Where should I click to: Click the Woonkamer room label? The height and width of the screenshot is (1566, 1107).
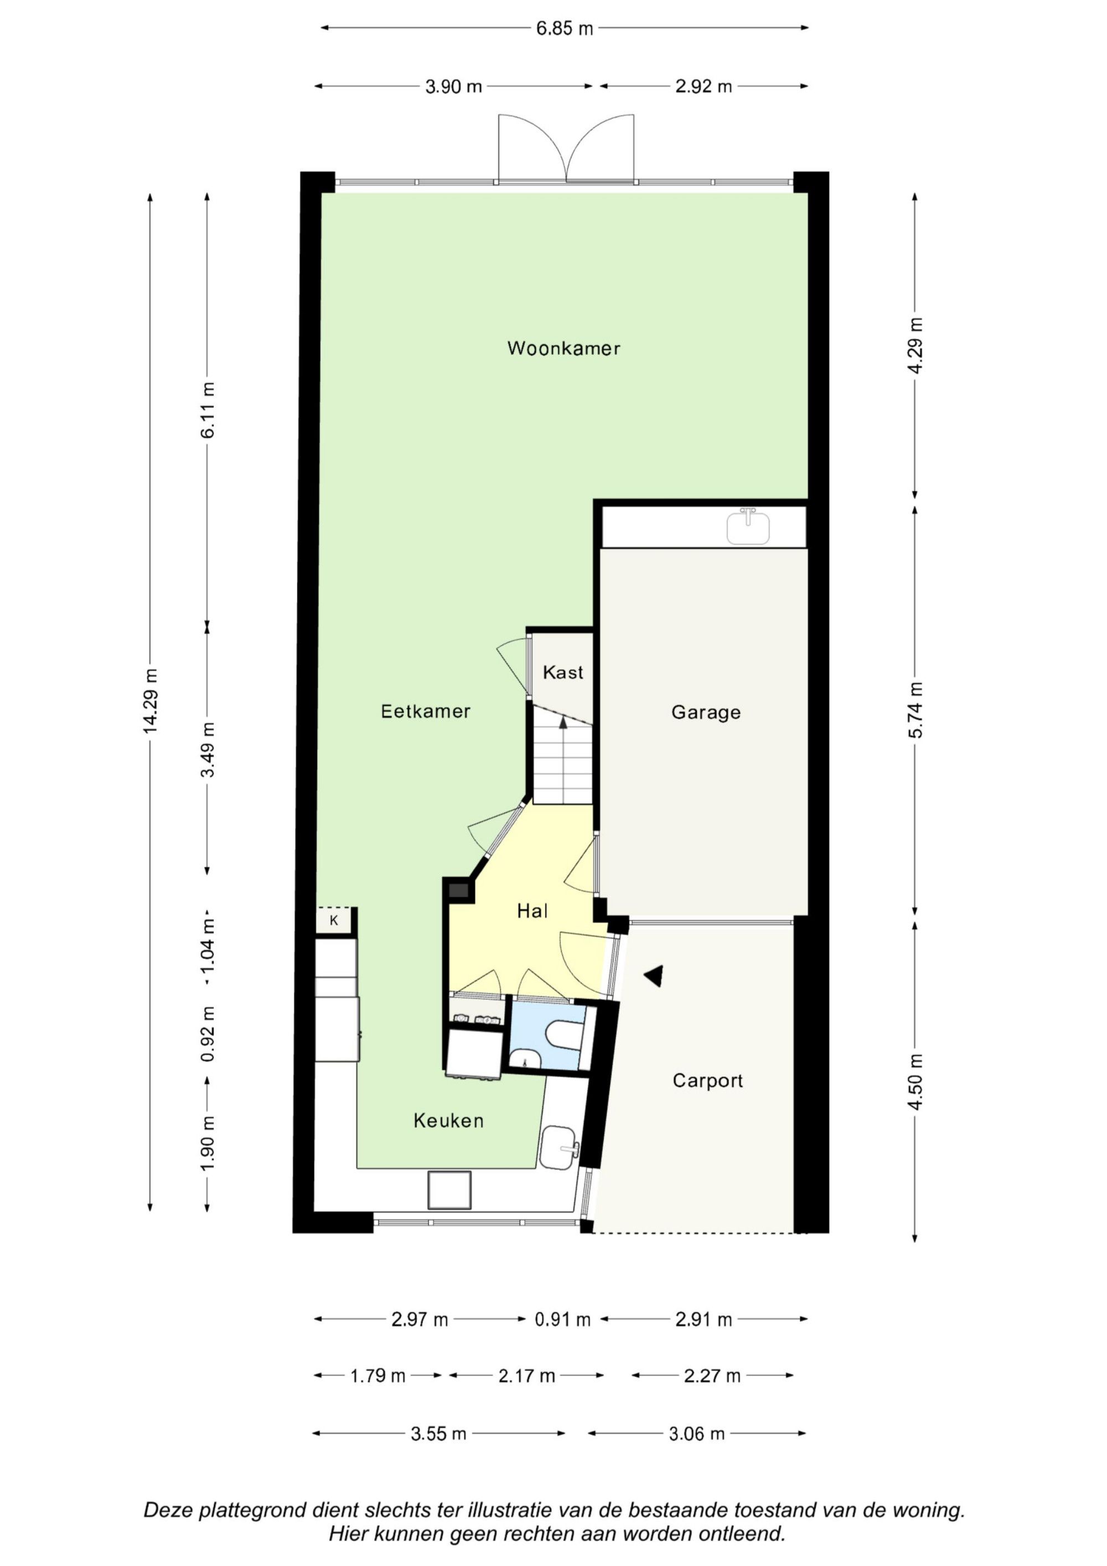563,349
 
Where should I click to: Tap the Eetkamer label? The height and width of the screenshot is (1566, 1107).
426,711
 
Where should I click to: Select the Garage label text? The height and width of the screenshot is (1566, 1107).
706,713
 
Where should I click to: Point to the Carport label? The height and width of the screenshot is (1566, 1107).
707,1081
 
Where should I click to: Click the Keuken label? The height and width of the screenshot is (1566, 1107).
448,1120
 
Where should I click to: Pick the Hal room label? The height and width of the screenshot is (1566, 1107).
532,911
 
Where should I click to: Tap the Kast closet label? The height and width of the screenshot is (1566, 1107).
563,673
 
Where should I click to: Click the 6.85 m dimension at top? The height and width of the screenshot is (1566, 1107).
564,29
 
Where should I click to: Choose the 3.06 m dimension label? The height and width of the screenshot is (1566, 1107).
696,1434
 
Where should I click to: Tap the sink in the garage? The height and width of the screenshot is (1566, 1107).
748,527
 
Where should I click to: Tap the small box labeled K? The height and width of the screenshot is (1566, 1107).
334,921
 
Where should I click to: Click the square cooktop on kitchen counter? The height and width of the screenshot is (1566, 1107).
449,1190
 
